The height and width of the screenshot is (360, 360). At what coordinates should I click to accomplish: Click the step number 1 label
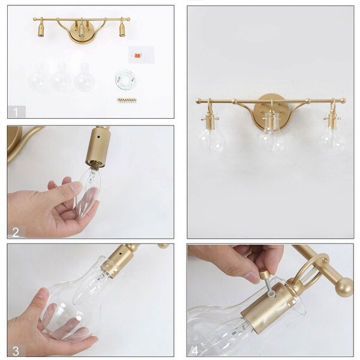17,111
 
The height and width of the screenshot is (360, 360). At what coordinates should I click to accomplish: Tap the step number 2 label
17,232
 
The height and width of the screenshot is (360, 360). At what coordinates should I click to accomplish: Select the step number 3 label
17,350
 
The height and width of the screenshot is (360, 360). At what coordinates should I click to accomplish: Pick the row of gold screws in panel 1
126,100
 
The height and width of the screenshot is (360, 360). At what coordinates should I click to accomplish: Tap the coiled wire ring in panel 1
126,79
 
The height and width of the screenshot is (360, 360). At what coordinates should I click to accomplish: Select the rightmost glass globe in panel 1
84,78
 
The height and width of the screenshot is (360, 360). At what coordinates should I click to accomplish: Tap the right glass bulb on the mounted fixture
331,137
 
